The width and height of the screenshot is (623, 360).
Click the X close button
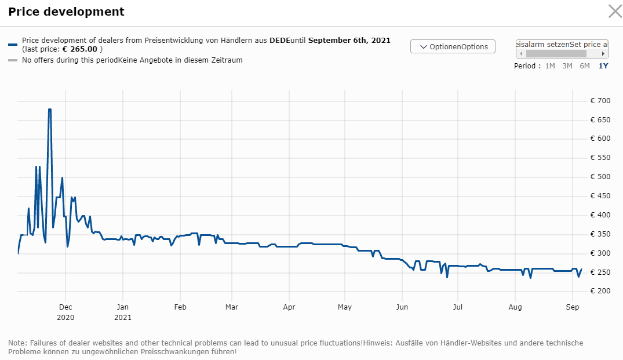(614, 11)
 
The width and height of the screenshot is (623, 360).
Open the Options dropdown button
(453, 46)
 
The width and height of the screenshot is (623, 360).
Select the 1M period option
(550, 66)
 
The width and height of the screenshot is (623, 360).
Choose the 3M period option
(567, 66)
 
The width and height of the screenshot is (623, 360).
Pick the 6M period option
(585, 66)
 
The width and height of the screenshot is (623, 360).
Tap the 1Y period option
(603, 66)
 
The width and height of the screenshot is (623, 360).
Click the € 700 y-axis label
(600, 101)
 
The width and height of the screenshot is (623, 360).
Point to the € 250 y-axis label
(600, 272)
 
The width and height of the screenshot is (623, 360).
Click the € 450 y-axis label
(600, 196)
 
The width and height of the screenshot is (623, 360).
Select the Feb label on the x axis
(180, 307)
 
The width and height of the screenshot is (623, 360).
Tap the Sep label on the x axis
(572, 307)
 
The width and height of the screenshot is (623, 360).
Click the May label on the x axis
(345, 307)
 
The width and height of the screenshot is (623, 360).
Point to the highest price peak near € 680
(50, 110)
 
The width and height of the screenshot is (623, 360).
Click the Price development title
(66, 12)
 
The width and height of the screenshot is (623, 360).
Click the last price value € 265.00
(80, 49)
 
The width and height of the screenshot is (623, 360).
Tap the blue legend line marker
(13, 44)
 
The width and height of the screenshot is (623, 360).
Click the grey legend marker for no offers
(13, 60)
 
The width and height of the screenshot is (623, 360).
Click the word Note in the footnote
(17, 343)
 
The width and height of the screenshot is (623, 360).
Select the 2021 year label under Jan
(122, 317)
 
